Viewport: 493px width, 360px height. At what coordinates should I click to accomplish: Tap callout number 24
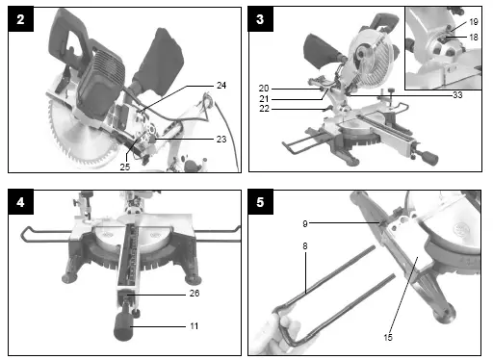[x=221, y=86]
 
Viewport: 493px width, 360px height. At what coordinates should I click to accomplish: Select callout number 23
[x=221, y=139]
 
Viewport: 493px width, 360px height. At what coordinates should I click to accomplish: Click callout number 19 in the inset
[x=473, y=21]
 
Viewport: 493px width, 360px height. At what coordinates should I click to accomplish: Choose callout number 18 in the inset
[x=473, y=36]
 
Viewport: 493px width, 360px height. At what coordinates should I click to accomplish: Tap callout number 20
[x=264, y=88]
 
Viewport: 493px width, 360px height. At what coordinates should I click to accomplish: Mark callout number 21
[x=264, y=99]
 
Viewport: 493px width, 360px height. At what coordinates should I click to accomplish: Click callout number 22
[x=264, y=111]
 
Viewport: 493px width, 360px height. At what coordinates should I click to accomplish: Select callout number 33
[x=456, y=94]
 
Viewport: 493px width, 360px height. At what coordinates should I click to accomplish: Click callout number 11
[x=194, y=326]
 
